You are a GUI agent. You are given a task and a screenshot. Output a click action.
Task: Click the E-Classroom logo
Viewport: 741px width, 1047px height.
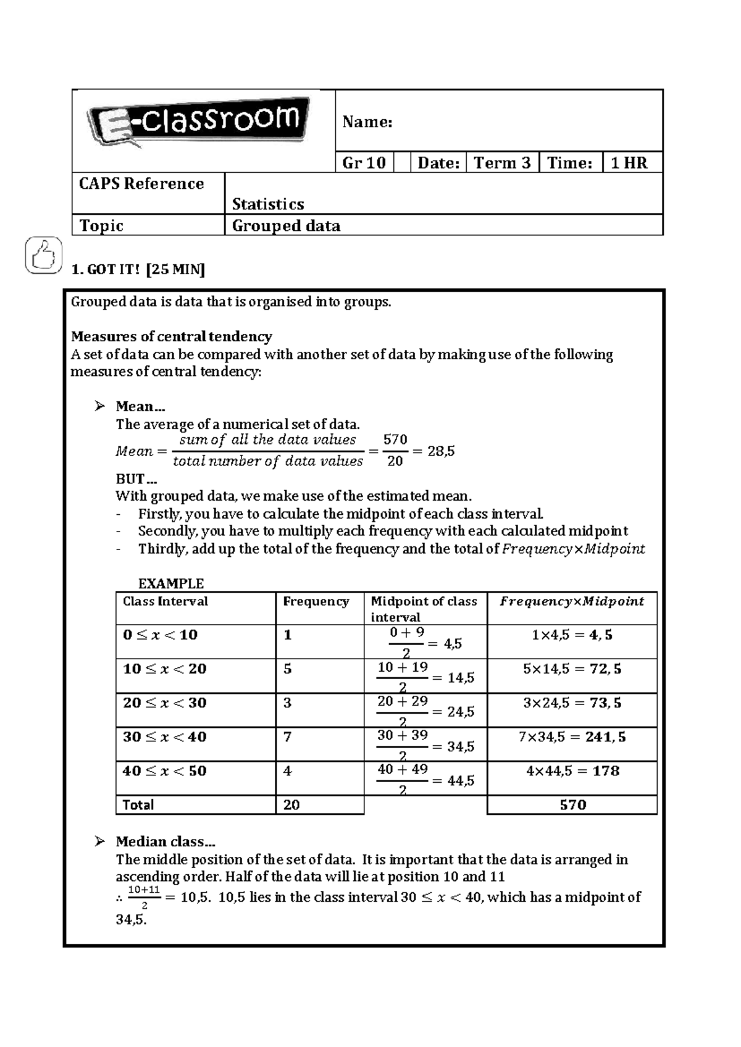tap(199, 122)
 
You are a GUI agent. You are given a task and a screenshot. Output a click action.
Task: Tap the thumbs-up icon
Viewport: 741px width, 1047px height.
tap(43, 255)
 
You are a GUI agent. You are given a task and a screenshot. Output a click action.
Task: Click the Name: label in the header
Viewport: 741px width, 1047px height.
tap(367, 122)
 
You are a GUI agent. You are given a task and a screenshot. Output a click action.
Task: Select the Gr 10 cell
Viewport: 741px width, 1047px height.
tap(364, 163)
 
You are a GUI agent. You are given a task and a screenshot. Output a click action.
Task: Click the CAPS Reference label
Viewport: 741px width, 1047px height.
tap(141, 184)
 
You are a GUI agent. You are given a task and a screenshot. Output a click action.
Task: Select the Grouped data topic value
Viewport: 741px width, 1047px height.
tap(286, 226)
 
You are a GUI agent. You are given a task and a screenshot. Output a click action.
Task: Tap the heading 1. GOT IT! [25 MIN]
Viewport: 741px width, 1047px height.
tap(138, 270)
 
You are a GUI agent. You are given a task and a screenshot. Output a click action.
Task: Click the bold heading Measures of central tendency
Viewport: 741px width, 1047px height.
tap(171, 336)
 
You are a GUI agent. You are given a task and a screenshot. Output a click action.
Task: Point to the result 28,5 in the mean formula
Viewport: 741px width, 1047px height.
tap(441, 451)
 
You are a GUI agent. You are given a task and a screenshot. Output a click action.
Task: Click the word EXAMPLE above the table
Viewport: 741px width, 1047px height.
tap(170, 583)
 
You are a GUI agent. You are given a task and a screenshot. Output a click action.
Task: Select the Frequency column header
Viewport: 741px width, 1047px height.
tap(316, 602)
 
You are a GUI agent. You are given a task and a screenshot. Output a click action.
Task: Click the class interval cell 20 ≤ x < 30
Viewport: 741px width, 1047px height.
tap(164, 703)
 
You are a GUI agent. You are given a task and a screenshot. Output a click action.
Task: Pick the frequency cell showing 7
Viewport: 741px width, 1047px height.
tap(288, 737)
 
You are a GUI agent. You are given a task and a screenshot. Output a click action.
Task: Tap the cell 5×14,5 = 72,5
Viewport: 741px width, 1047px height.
tap(572, 669)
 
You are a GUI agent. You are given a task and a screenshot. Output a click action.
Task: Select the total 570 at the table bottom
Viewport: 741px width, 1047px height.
tap(572, 805)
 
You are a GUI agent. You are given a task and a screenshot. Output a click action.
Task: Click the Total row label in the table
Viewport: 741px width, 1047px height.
tap(138, 805)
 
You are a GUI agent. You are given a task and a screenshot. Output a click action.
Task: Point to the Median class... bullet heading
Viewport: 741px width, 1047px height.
tap(165, 842)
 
